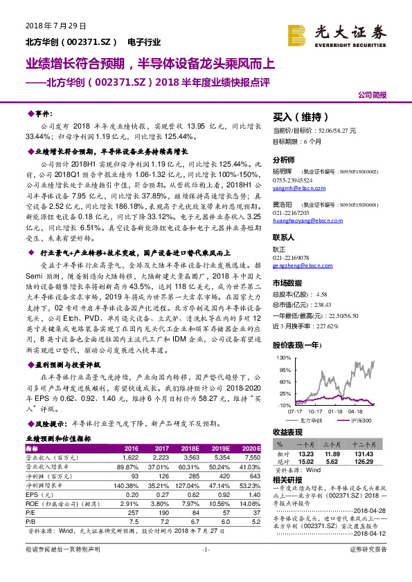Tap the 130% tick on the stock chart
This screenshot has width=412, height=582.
tap(282, 358)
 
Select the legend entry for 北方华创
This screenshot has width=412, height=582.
tap(309, 419)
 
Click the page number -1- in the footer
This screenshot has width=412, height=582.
tap(205, 568)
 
